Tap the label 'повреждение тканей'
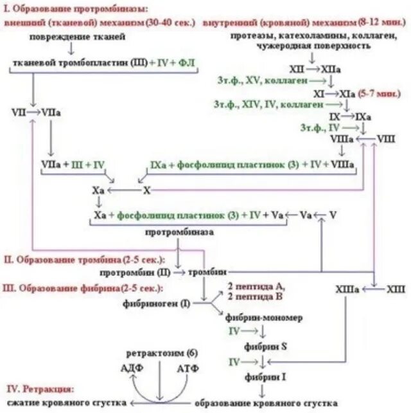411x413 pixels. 77,37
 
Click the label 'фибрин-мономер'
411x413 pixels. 264,318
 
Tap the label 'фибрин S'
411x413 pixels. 265,346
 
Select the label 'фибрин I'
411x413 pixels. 265,375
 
